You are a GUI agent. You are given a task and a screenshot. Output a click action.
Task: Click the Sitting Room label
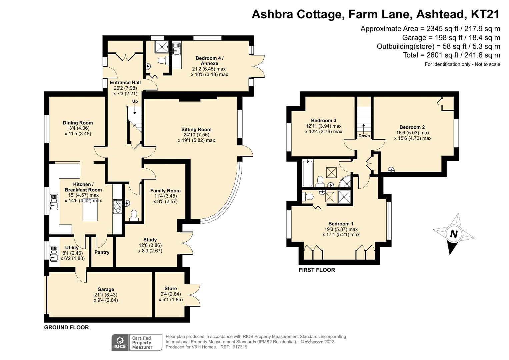click(196, 129)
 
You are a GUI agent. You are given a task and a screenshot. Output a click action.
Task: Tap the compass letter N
click(453, 234)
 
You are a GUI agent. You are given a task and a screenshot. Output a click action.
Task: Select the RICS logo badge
click(120, 342)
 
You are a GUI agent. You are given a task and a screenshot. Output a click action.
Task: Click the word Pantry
click(102, 252)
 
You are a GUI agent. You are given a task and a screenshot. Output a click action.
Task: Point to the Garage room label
click(106, 289)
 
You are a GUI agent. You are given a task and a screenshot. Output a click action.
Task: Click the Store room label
click(170, 288)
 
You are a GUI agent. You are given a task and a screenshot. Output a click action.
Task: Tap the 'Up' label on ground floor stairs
click(135, 101)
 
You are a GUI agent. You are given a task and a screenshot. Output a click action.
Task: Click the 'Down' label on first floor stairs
click(364, 136)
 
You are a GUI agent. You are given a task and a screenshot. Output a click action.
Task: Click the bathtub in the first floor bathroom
click(308, 173)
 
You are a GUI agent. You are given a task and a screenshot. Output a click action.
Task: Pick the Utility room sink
click(54, 254)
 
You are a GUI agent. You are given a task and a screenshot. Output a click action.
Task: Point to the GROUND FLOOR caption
click(66, 327)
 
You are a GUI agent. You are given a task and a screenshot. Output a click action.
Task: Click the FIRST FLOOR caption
click(317, 270)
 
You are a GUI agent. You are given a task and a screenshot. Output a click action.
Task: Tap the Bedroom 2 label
click(412, 127)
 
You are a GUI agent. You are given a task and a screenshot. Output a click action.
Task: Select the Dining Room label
click(78, 123)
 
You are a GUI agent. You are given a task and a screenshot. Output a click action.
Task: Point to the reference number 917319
click(240, 347)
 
